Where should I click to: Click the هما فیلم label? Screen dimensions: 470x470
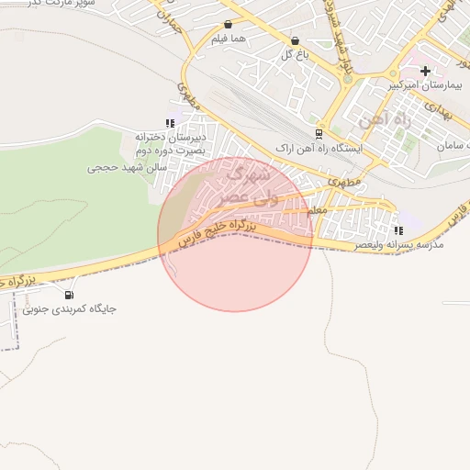coord(227,39)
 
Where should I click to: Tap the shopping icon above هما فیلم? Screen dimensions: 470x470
coord(228,25)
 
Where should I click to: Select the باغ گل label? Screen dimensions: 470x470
coord(293,55)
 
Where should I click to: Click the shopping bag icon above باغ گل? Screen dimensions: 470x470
coord(295,40)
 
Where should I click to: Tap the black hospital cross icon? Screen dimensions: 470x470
coord(425,71)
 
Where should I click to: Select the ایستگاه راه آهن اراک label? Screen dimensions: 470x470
coord(319,148)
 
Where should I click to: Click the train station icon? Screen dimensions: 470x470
coord(319,132)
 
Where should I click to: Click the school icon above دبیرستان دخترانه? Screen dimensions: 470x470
coord(169,122)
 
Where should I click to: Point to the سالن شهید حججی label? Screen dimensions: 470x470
coord(126,168)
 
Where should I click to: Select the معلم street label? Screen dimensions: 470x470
coord(317,210)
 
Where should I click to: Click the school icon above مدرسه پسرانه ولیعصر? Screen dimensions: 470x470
coord(398,229)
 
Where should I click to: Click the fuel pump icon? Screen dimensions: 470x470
coord(70,294)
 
